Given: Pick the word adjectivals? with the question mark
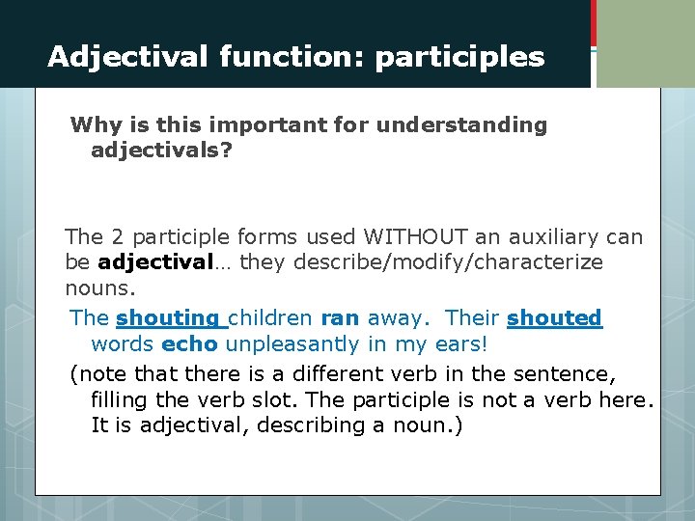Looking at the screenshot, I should (x=161, y=151).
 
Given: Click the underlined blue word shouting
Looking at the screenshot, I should (x=168, y=317).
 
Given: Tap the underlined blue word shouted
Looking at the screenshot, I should (x=554, y=317).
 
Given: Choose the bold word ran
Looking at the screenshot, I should (x=340, y=317).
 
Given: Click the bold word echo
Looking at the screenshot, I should (x=189, y=344).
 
